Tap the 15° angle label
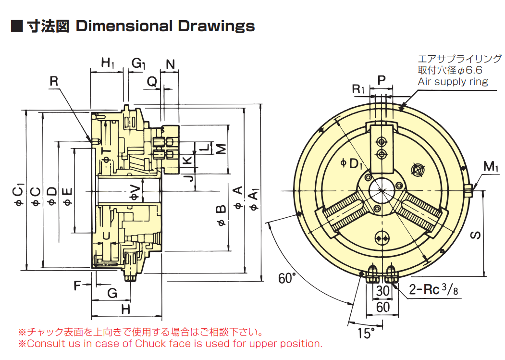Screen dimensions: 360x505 pyautogui.click(x=366, y=332)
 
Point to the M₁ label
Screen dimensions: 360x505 pyautogui.click(x=491, y=167)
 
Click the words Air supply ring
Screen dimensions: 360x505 pyautogui.click(x=452, y=82)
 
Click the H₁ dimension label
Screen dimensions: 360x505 pyautogui.click(x=108, y=63)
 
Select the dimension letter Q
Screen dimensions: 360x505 pyautogui.click(x=152, y=82)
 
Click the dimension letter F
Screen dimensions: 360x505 pyautogui.click(x=77, y=286)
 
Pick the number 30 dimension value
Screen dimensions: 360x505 pyautogui.click(x=382, y=291)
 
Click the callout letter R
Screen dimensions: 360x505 pyautogui.click(x=54, y=81)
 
